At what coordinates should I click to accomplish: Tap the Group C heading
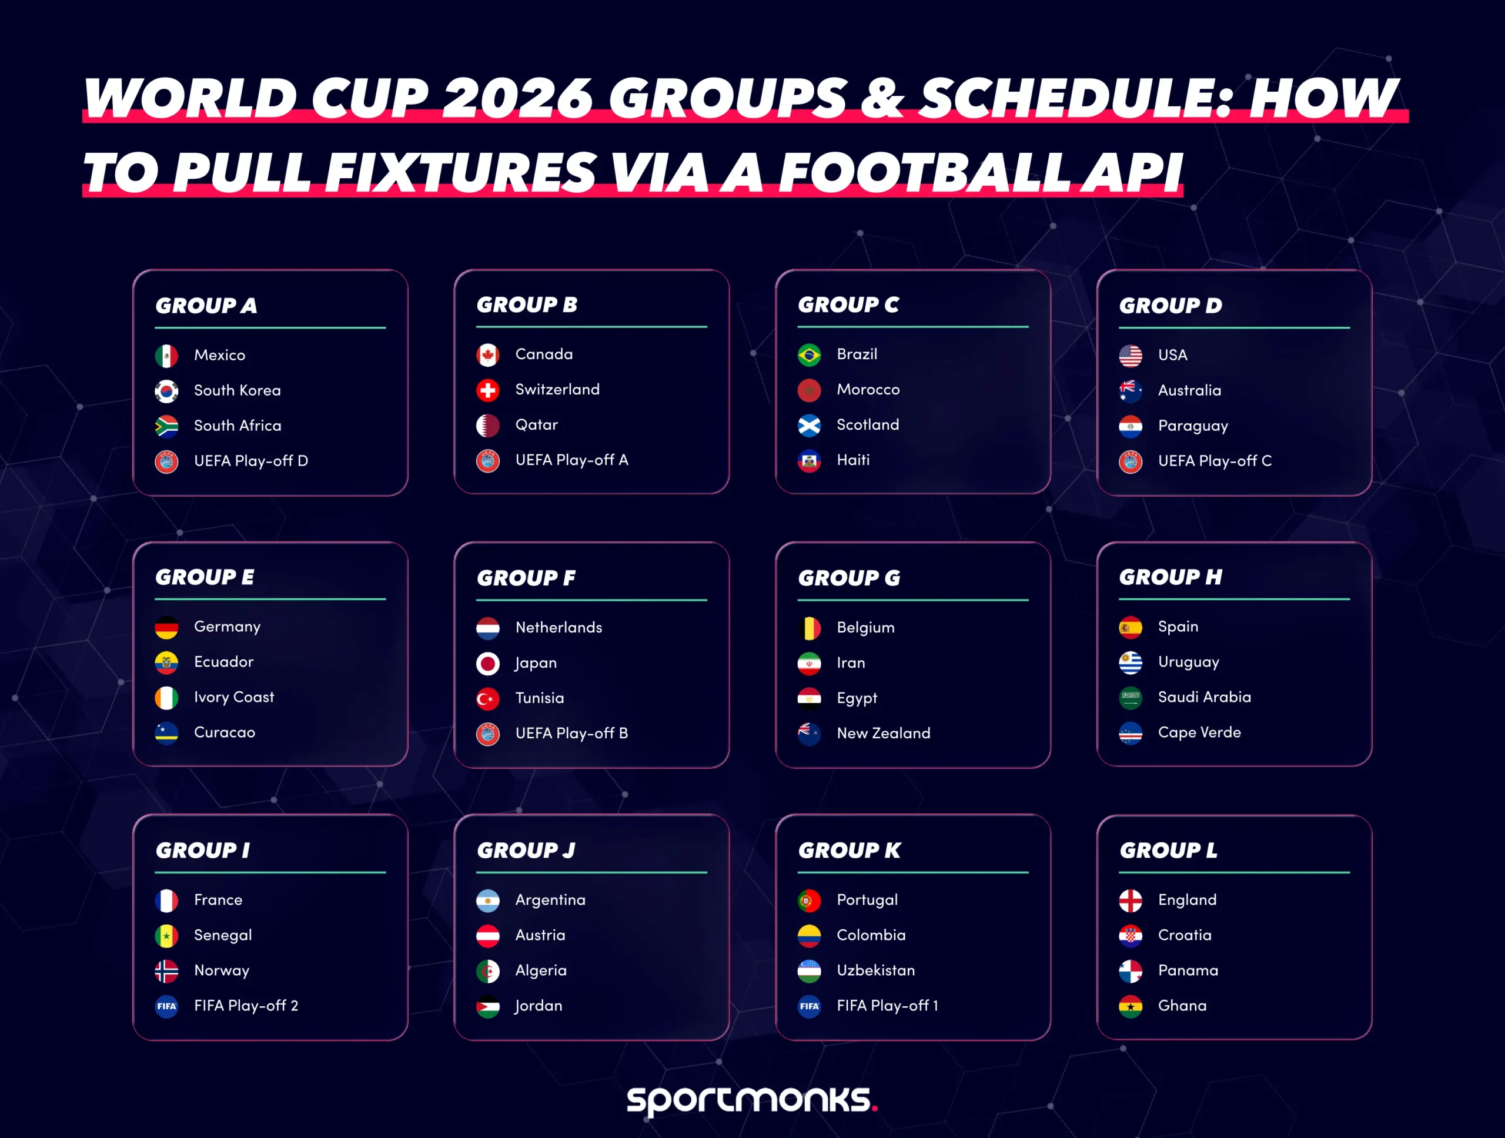[x=848, y=304]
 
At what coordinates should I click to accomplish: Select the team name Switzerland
[x=557, y=389]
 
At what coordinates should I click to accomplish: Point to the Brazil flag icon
[x=809, y=354]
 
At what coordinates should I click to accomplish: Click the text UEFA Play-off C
[x=1215, y=460]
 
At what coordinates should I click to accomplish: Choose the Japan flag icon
[x=488, y=663]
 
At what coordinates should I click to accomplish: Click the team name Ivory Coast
[x=234, y=697]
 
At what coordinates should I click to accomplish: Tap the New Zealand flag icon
[x=809, y=733]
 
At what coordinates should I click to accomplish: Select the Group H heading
[x=1170, y=577]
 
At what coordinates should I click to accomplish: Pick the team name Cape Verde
[x=1199, y=732]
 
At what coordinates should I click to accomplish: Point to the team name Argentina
[x=550, y=900]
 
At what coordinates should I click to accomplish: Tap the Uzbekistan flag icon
[x=809, y=970]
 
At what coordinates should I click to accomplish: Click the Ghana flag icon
[x=1130, y=1006]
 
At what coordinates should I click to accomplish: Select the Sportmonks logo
[x=752, y=1099]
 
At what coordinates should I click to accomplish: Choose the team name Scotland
[x=868, y=424]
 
